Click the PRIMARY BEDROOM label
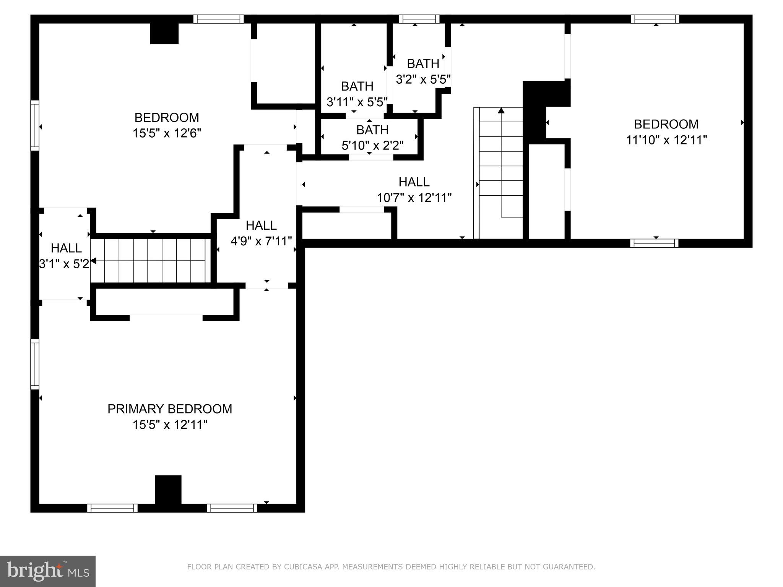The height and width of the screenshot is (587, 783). point(169,409)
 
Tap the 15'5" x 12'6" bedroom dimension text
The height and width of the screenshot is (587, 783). point(167,133)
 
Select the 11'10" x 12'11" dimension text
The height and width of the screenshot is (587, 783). point(666,140)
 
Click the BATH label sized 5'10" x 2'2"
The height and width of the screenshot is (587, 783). point(372,130)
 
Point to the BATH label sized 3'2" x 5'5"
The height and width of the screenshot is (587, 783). point(423,63)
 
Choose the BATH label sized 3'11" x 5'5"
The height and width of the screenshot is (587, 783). point(357,86)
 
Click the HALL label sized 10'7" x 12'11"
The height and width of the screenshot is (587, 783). point(414,182)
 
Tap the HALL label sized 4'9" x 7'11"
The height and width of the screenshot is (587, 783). point(261,225)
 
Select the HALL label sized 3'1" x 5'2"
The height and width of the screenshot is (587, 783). point(66,248)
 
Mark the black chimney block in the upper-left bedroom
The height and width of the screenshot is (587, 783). point(164,34)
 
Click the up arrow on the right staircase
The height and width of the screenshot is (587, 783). point(501,111)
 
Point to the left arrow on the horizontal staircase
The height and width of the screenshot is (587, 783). point(93,261)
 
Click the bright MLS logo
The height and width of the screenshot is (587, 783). point(48,571)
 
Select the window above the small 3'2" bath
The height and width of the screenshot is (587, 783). point(419,19)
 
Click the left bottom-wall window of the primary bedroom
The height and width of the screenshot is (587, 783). point(112,508)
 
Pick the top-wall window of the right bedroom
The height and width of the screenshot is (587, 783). point(655,19)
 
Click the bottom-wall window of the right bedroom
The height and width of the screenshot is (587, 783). point(654,243)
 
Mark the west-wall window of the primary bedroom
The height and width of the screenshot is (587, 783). point(35,364)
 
